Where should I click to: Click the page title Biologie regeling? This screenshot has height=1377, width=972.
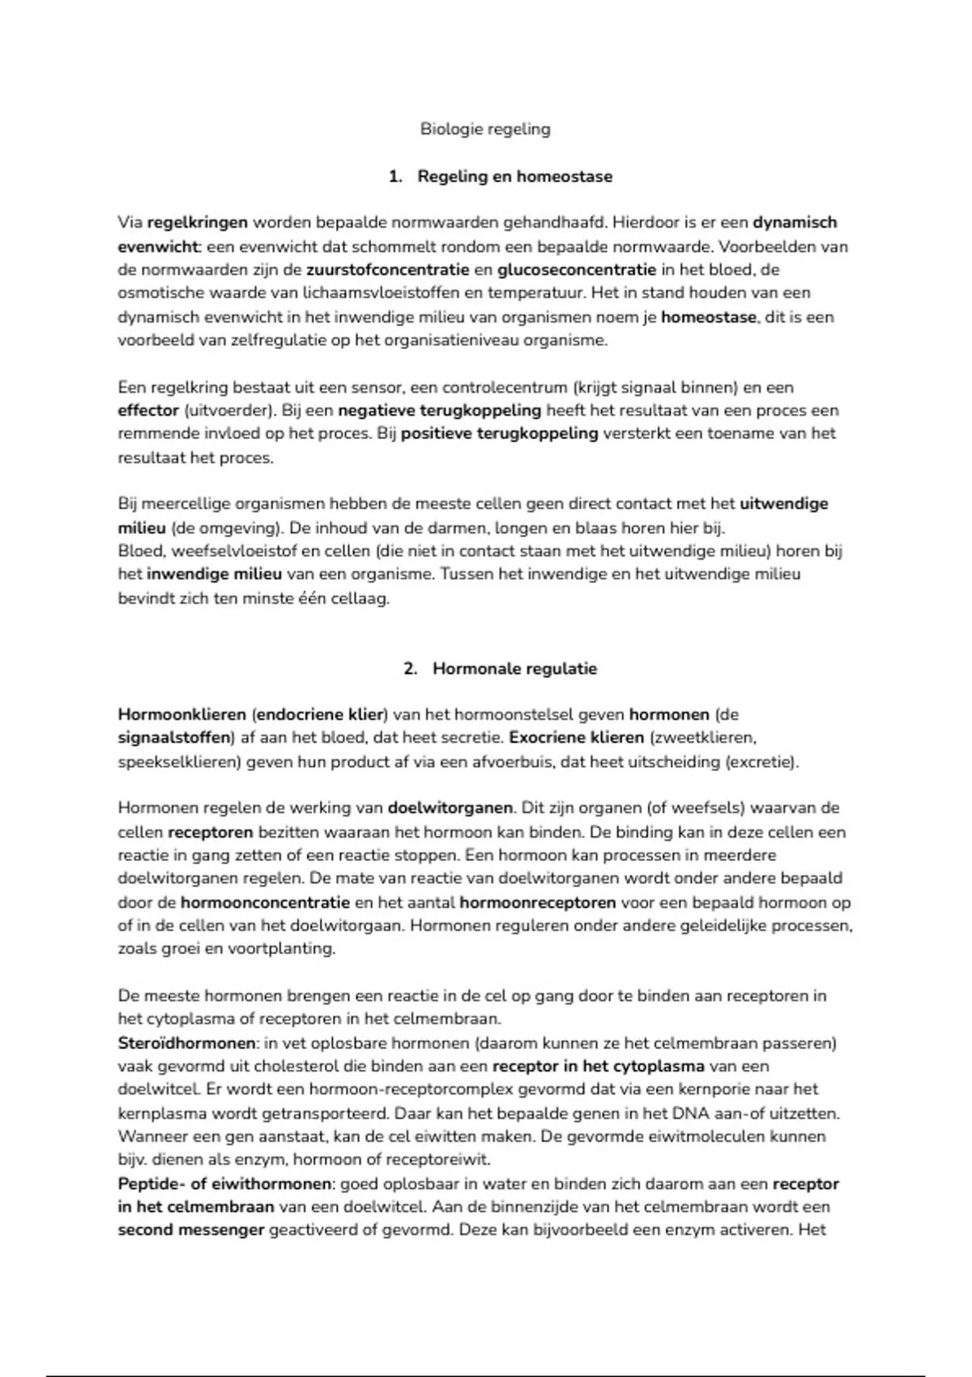tap(485, 129)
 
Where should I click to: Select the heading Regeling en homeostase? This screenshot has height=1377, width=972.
tap(514, 177)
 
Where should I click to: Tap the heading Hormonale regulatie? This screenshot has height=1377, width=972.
tap(514, 669)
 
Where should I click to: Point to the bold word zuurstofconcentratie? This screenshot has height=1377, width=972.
tap(387, 270)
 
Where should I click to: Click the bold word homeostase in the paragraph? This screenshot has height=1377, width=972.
tap(709, 317)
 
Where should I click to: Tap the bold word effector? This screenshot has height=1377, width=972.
tap(148, 411)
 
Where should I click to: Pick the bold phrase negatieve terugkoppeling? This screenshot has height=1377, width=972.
tap(440, 411)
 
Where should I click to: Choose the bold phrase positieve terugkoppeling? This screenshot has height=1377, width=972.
tap(499, 433)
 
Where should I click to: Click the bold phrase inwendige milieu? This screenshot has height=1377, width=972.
tap(214, 574)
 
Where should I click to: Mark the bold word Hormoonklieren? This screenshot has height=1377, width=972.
tap(181, 715)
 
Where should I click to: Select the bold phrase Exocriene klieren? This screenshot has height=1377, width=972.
tap(576, 738)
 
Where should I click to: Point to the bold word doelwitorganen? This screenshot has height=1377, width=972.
tap(450, 808)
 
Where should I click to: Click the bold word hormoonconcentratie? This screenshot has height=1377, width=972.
tap(265, 902)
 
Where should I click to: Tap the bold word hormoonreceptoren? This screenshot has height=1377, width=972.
tap(537, 902)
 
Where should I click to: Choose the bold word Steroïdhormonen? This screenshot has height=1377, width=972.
tap(186, 1043)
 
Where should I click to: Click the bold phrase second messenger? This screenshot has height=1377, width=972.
tap(191, 1230)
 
